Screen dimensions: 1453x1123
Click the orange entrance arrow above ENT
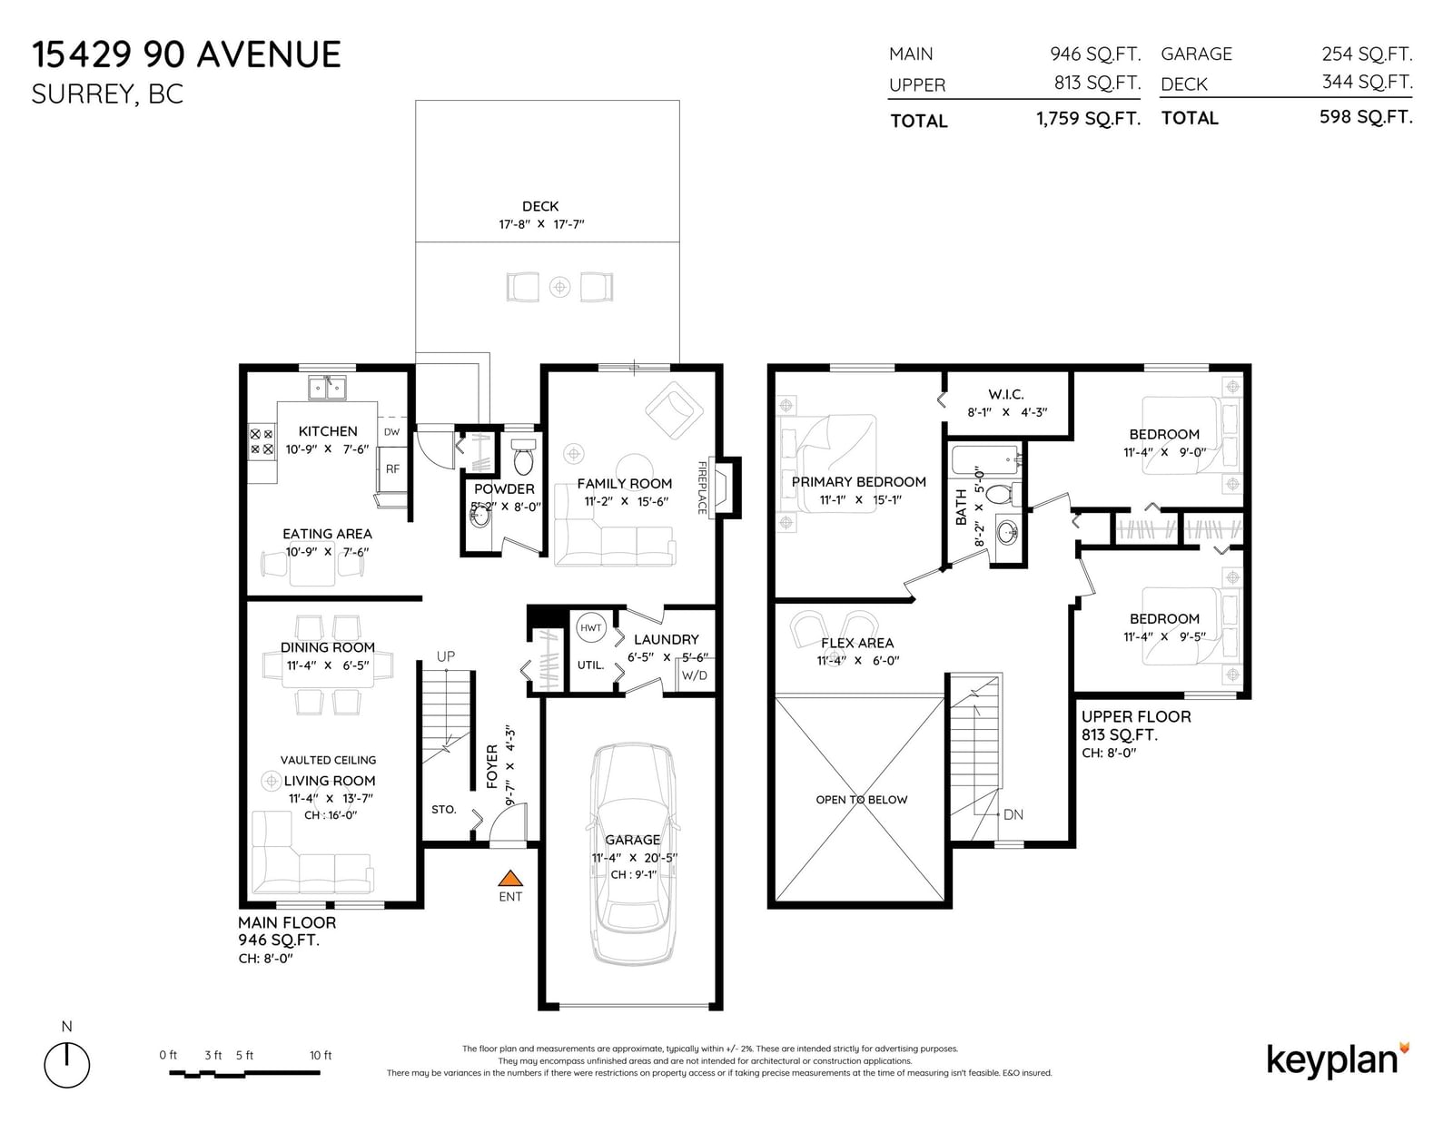coord(510,878)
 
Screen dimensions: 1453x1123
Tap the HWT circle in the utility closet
coord(591,627)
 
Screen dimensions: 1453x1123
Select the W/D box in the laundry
coord(695,675)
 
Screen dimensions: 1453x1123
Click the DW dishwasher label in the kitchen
coord(391,432)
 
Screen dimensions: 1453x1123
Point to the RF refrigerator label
coord(392,468)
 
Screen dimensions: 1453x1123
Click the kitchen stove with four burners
coord(262,441)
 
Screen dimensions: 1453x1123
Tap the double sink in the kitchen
coord(327,388)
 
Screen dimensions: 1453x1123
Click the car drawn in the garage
coord(633,854)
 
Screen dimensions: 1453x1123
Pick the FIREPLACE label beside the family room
coord(702,488)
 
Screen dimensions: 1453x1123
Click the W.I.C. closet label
coord(1005,394)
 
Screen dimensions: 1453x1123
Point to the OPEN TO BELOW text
coord(861,800)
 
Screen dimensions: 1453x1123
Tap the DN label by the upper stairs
coord(1013,814)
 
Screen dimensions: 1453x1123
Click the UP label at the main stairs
coord(445,656)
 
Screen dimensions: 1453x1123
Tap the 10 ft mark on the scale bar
coord(321,1056)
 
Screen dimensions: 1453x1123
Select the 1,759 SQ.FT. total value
coord(1089,119)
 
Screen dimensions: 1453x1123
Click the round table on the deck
coord(559,288)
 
